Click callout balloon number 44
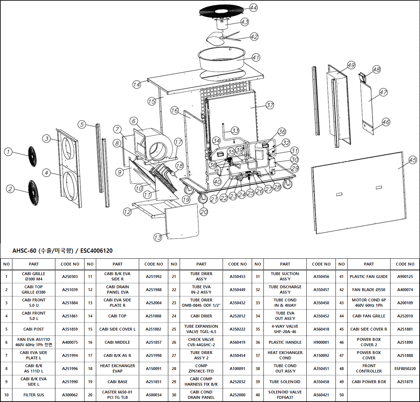[253, 8]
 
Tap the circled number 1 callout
[8, 152]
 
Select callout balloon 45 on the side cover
[413, 160]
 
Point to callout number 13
[158, 237]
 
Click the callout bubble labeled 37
[270, 105]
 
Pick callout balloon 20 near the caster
[203, 211]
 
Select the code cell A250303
[70, 277]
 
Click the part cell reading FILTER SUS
[34, 395]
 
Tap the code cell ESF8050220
[405, 369]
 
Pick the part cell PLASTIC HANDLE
[285, 342]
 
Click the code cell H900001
[321, 342]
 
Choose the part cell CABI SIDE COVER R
[369, 329]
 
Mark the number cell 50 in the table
[342, 395]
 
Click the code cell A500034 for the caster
[153, 395]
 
